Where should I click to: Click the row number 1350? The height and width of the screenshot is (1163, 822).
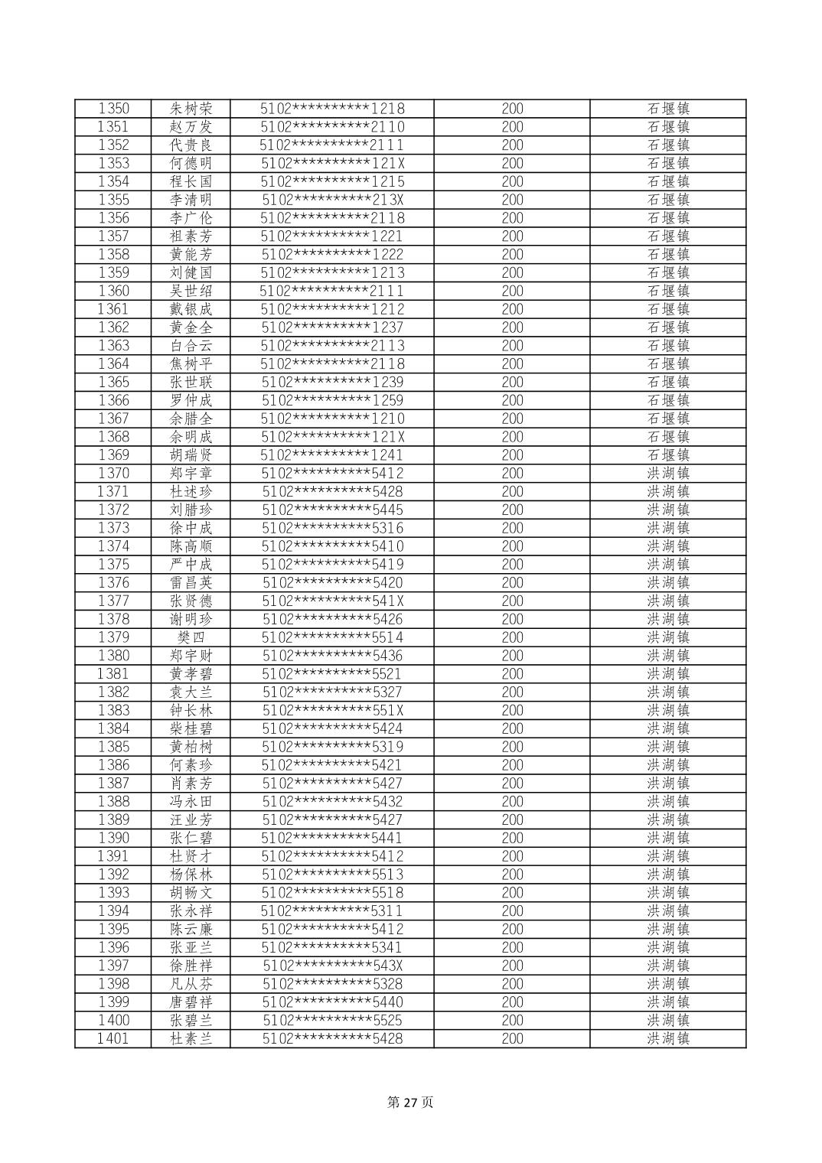pos(113,109)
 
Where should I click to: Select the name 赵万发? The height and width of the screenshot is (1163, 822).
pos(191,127)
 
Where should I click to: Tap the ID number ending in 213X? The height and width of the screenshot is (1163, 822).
pos(332,200)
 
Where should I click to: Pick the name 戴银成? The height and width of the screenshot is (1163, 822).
pos(191,309)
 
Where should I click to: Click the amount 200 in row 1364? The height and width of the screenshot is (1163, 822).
pos(512,364)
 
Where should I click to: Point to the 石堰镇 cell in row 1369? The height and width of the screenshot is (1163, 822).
pos(668,455)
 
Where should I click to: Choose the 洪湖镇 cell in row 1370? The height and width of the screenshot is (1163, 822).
pos(668,474)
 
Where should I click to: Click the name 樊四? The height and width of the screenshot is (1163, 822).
pos(191,637)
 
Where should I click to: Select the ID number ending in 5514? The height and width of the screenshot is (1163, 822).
pos(332,637)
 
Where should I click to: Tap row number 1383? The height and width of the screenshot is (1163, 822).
pos(113,710)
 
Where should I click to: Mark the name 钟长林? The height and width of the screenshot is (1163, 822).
pos(191,710)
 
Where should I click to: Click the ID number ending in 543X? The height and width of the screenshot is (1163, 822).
pos(332,966)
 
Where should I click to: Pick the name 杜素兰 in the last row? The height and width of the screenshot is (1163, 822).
pos(191,1038)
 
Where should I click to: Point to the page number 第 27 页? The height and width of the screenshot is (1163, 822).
pos(411,1102)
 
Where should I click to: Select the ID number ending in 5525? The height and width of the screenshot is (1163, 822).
pos(332,1020)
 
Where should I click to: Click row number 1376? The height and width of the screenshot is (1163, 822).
pos(113,583)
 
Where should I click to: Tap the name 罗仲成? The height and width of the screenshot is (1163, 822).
pos(191,400)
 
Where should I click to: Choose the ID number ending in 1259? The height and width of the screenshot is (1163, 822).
pos(332,400)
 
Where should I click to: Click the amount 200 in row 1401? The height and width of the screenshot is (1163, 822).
pos(512,1038)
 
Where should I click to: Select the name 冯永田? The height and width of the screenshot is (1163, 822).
pos(191,801)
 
